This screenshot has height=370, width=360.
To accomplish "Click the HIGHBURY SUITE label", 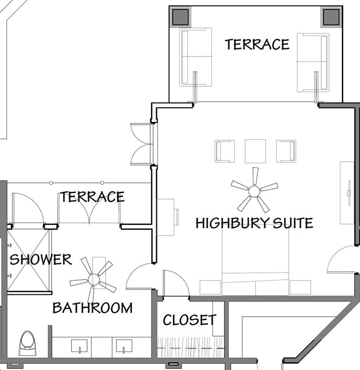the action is coord(254,223).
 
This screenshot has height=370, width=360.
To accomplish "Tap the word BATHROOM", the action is coord(93,308).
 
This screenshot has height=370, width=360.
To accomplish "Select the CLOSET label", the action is coord(190,320).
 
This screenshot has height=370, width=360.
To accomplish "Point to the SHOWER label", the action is coord(41,260).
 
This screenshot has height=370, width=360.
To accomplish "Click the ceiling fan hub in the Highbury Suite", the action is coord(254,191).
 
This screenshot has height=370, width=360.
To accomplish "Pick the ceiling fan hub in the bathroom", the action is coord(94,280).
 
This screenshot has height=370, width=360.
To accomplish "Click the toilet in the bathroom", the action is coord(28,343).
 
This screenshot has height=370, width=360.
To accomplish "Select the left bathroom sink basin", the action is coord(80,345).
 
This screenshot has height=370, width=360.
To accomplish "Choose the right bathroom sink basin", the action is coord(124,345).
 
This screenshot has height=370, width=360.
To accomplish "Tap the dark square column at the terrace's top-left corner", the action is coord(180,17).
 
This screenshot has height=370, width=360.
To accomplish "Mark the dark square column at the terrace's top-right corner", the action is coord(331,17).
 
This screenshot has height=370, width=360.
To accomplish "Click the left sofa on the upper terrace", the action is coord(196,57).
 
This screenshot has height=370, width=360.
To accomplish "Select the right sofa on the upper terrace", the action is coord(313,63).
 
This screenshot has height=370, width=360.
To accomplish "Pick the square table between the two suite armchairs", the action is coord(255,151).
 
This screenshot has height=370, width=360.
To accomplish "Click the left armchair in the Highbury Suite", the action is coord(224,151).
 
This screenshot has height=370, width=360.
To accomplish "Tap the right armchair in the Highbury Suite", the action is coord(286,151).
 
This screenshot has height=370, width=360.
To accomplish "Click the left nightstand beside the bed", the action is coord(210,287).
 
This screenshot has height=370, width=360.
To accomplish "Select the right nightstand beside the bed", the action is coord(300,287).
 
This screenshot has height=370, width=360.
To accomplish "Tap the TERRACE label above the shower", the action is coord(92,197).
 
